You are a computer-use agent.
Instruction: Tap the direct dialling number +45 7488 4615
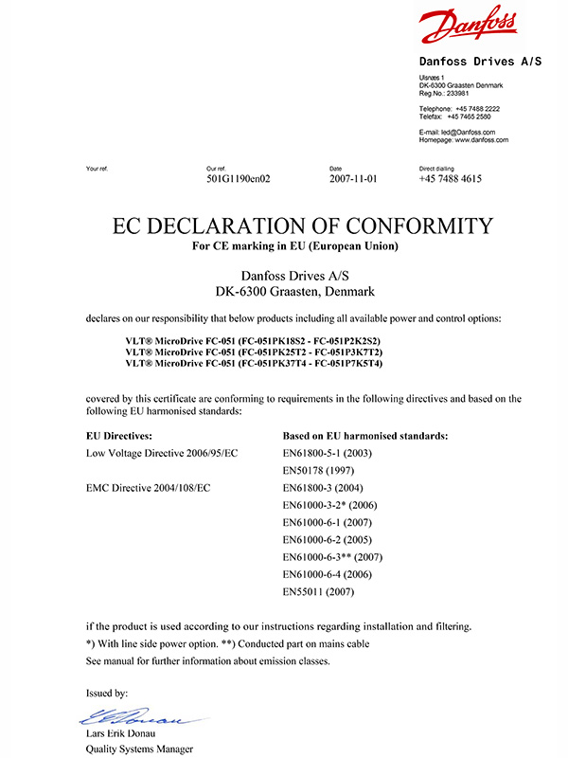[x=451, y=178]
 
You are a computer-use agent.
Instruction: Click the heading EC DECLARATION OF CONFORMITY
[x=303, y=226]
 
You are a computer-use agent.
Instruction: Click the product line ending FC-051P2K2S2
[x=252, y=339]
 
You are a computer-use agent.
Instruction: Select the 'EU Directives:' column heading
[x=119, y=437]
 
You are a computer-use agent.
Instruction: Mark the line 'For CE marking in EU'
[x=294, y=247]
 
